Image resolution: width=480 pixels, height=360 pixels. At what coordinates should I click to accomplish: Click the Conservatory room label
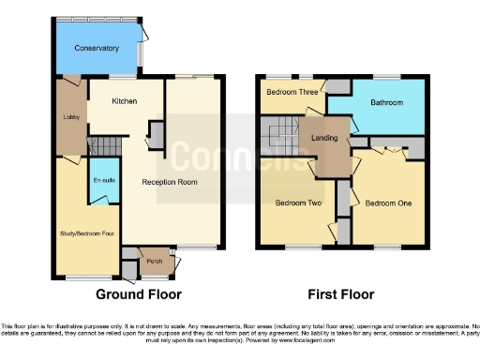point(97,48)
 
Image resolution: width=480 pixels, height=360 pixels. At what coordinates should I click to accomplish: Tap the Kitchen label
point(125,100)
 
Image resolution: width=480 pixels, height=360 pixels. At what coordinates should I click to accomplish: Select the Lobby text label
point(69,117)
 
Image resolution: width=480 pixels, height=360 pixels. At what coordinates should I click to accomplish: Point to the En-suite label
point(102,180)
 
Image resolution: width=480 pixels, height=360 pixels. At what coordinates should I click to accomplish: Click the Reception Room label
point(169,182)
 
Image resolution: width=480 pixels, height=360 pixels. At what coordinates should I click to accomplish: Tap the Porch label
point(154,261)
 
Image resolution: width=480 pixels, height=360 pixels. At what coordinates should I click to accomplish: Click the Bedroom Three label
point(291,92)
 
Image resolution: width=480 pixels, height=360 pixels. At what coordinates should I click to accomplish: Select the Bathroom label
point(386,101)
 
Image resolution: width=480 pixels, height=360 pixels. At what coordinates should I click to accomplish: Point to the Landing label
point(324,138)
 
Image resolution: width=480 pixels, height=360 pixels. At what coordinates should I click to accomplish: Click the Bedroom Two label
point(298,202)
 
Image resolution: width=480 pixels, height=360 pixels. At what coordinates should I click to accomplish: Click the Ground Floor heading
point(138,292)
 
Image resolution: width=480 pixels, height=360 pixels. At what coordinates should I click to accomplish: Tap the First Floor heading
point(342,292)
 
